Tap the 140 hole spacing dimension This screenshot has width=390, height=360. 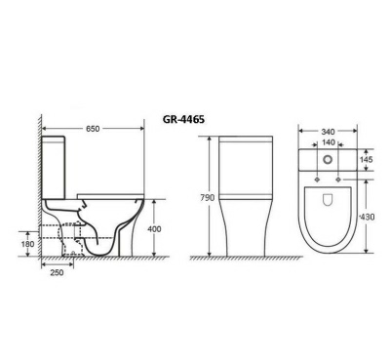tap(329, 142)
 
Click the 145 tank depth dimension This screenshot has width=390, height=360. tap(368, 159)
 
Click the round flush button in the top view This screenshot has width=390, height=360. tap(329, 159)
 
